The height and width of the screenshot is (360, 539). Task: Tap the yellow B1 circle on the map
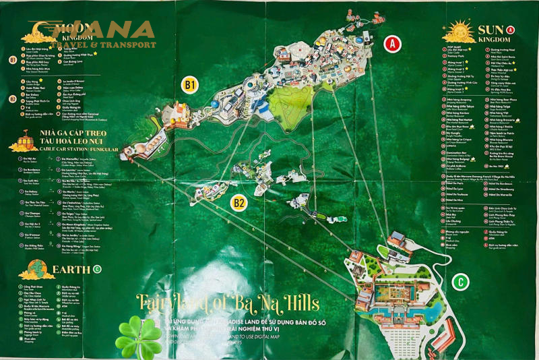coord(191,85)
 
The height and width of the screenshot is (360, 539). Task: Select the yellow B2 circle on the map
coord(239,202)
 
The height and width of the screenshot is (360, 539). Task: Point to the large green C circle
coord(461,282)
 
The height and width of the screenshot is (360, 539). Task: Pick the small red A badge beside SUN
coord(510,30)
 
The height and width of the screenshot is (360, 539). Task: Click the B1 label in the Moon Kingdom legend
coord(13,60)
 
